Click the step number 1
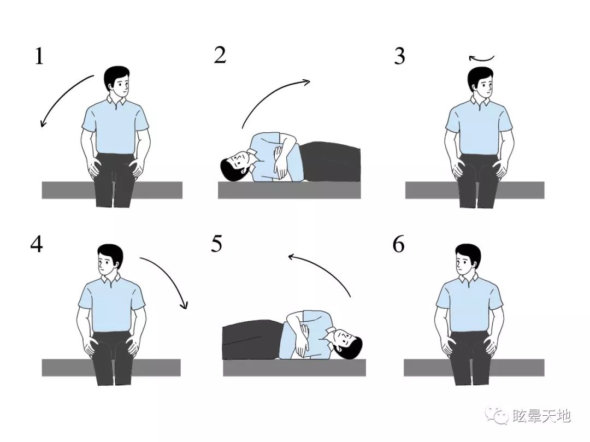pos(39,56)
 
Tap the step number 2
pos(220,55)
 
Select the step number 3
pos(399,56)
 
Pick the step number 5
pos(217,244)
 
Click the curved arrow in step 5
pos(326,269)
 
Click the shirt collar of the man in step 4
pos(110,279)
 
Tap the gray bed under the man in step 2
pos(289,190)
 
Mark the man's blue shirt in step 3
pos(478,127)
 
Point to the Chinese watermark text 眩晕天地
pos(541,416)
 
